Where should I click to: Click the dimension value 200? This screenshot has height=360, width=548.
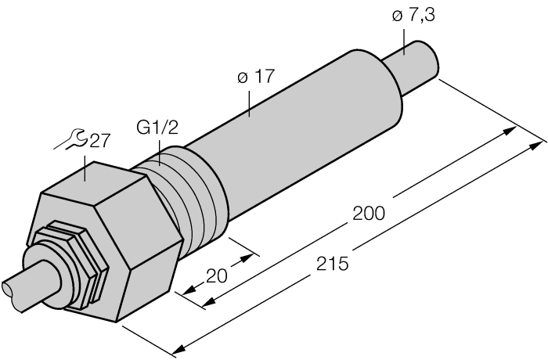[x=369, y=213]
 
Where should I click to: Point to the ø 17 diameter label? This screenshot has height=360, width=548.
[x=255, y=77]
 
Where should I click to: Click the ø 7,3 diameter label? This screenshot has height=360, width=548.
[x=413, y=17]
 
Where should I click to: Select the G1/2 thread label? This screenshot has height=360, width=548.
[x=158, y=128]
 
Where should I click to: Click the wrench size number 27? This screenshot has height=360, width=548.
[x=99, y=141]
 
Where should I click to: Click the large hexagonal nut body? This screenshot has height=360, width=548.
[x=117, y=235]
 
